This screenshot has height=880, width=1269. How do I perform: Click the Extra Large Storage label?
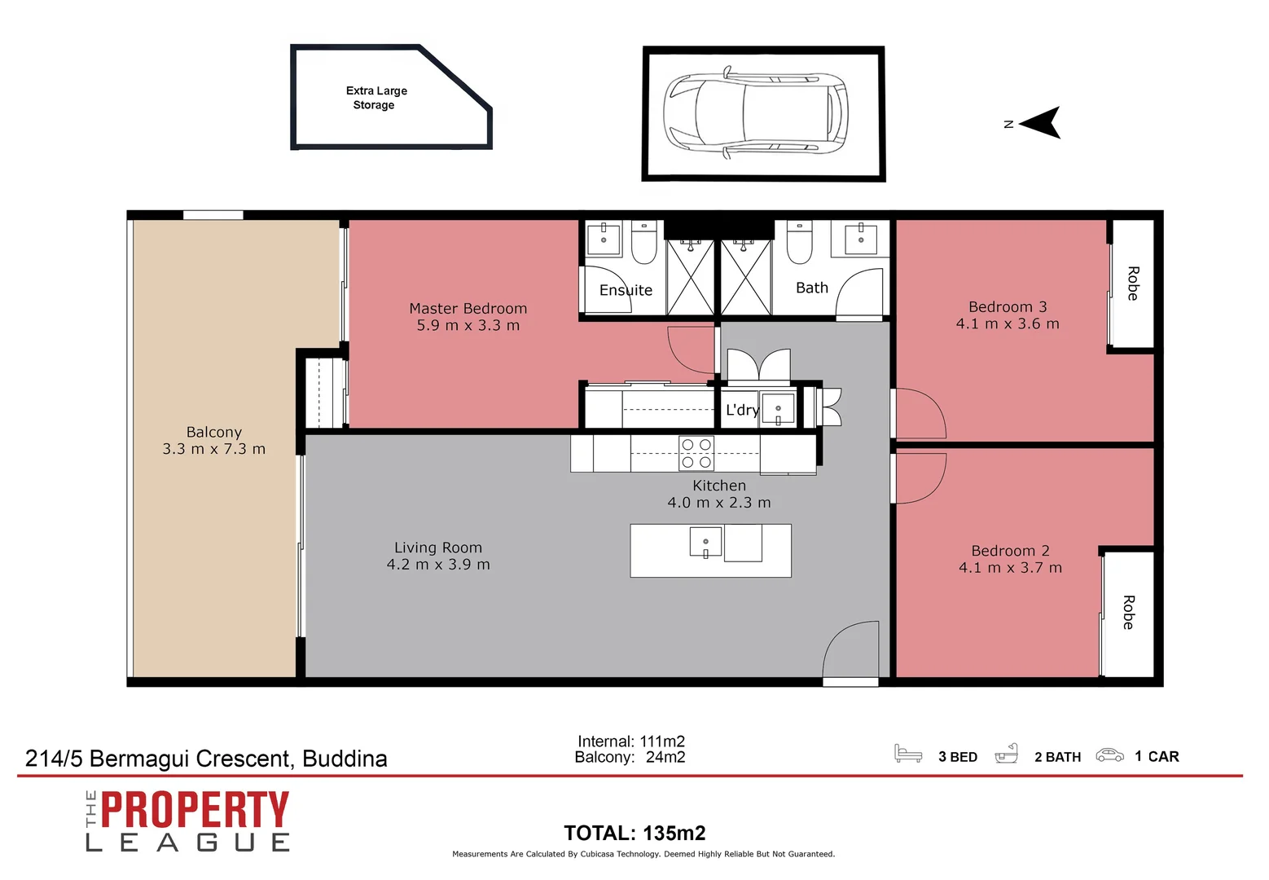pyautogui.click(x=375, y=98)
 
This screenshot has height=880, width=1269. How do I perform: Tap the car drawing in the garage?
pyautogui.click(x=756, y=114)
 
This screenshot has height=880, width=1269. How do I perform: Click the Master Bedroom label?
pyautogui.click(x=468, y=309)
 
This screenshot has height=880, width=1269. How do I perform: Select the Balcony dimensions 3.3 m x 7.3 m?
pyautogui.click(x=213, y=449)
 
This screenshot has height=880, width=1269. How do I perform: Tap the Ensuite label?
pyautogui.click(x=626, y=290)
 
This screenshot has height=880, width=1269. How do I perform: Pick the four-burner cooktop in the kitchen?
pyautogui.click(x=696, y=453)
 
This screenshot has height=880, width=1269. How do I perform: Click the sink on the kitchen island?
pyautogui.click(x=705, y=543)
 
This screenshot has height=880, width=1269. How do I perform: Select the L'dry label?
pyautogui.click(x=741, y=410)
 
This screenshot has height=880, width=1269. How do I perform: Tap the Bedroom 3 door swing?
pyautogui.click(x=920, y=414)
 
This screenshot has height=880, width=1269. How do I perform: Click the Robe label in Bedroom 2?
pyautogui.click(x=1128, y=612)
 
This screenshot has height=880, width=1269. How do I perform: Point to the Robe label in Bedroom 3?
pyautogui.click(x=1132, y=283)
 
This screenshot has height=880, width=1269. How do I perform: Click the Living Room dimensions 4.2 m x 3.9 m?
pyautogui.click(x=438, y=565)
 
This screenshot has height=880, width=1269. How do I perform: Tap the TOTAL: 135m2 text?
pyautogui.click(x=634, y=833)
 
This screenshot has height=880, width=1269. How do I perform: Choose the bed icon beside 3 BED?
pyautogui.click(x=907, y=754)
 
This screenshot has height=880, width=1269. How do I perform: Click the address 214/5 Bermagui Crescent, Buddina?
pyautogui.click(x=206, y=759)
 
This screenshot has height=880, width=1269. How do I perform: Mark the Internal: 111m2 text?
pyautogui.click(x=630, y=741)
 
